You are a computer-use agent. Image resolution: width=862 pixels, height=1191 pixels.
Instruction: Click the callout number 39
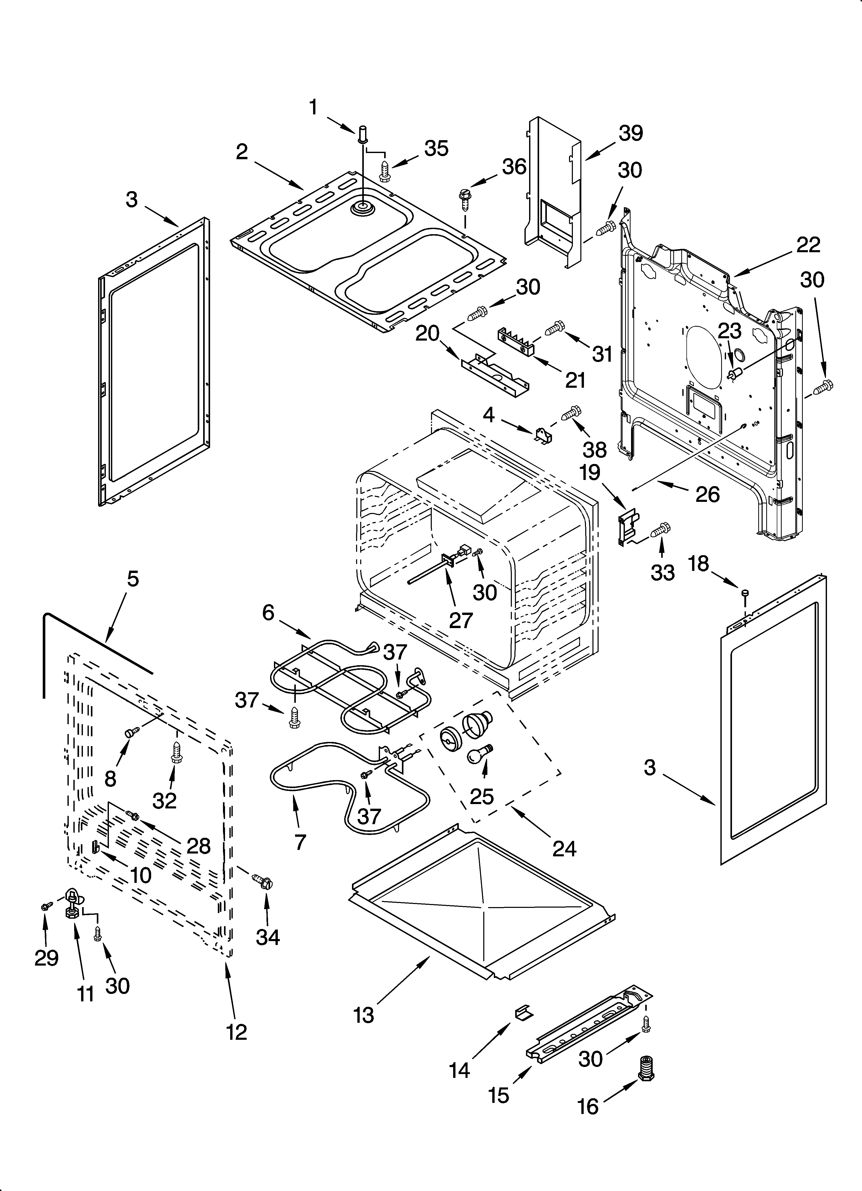coord(631,133)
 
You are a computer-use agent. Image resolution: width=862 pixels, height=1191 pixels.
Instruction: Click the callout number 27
coord(461,620)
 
